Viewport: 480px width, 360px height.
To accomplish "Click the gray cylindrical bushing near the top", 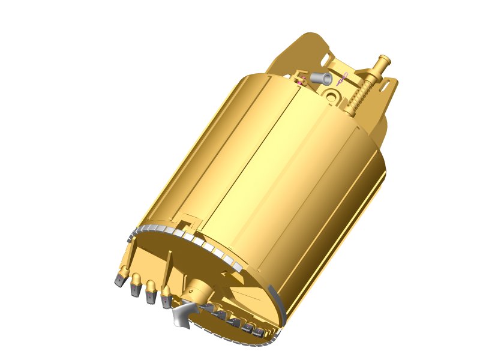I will tap(322, 78).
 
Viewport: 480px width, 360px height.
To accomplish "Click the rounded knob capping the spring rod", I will tap(383, 61).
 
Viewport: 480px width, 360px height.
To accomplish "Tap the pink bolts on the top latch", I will tap(301, 80).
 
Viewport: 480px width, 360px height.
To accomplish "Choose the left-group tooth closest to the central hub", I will tap(166, 298).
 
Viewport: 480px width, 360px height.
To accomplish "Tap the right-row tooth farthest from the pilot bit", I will tap(259, 332).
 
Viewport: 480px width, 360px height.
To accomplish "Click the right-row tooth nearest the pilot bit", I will tap(207, 308).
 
